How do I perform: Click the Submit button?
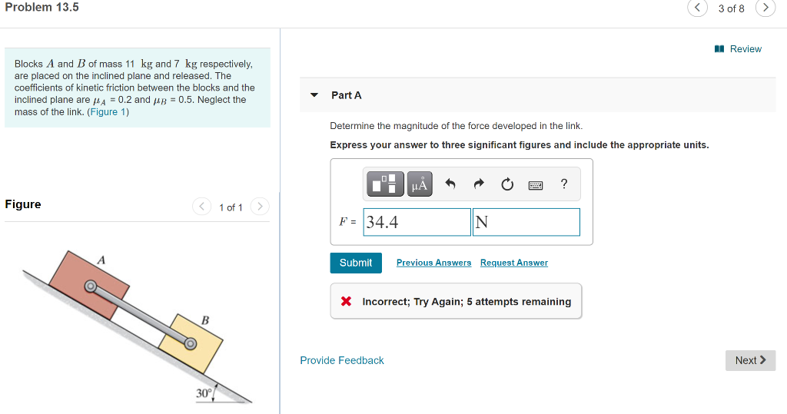(356, 263)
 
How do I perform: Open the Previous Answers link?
(433, 263)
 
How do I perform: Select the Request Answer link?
(514, 263)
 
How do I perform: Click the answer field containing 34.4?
(417, 222)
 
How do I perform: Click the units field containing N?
(526, 222)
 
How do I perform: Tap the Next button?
(750, 360)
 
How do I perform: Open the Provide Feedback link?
(342, 360)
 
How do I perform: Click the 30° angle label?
(204, 393)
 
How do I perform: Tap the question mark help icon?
(564, 184)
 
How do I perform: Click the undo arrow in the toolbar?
(450, 184)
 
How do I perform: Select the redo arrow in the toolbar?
(479, 184)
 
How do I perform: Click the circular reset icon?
(507, 184)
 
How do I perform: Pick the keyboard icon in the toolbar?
(536, 184)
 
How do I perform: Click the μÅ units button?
(420, 184)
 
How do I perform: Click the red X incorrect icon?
(347, 302)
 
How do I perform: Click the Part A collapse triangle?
(314, 95)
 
